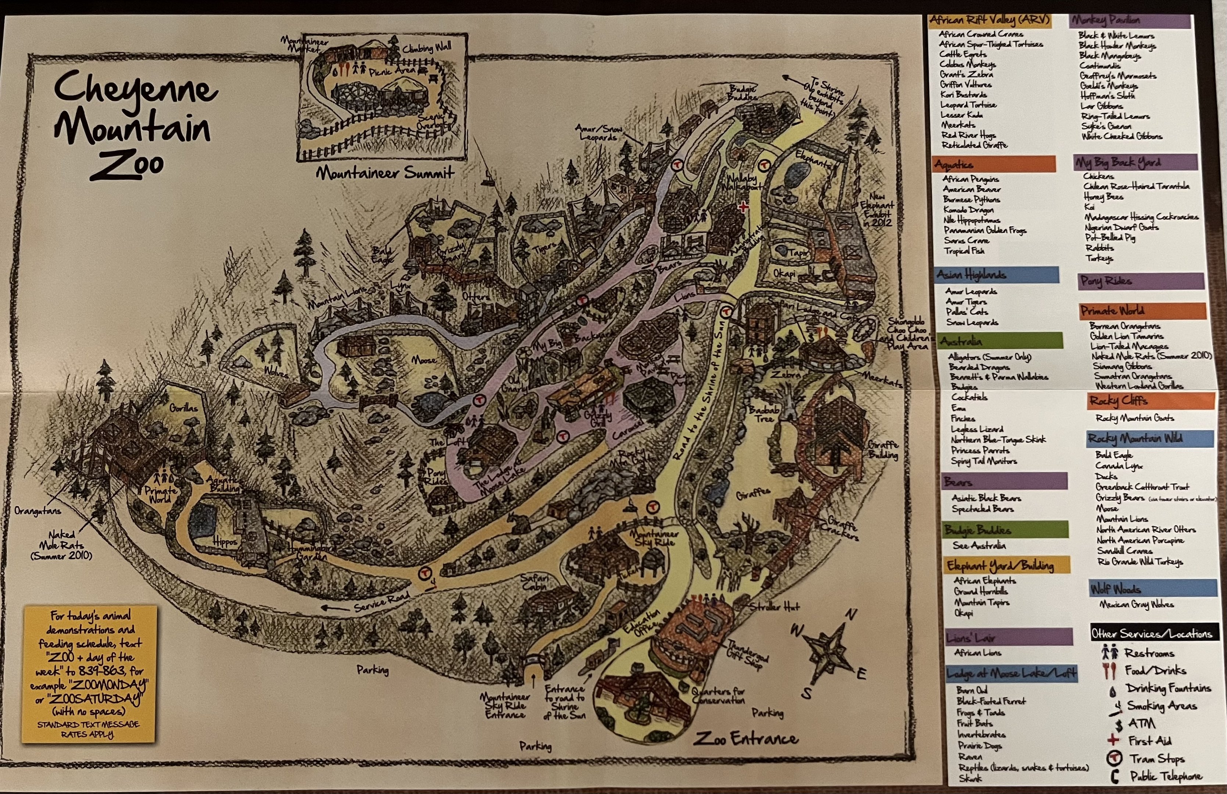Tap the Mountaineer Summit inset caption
[x=385, y=173]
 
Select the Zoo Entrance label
[x=746, y=739]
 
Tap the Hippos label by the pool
[x=225, y=542]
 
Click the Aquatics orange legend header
[x=994, y=164]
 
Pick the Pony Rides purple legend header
[x=1141, y=281]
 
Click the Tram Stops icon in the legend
[x=1113, y=758]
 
